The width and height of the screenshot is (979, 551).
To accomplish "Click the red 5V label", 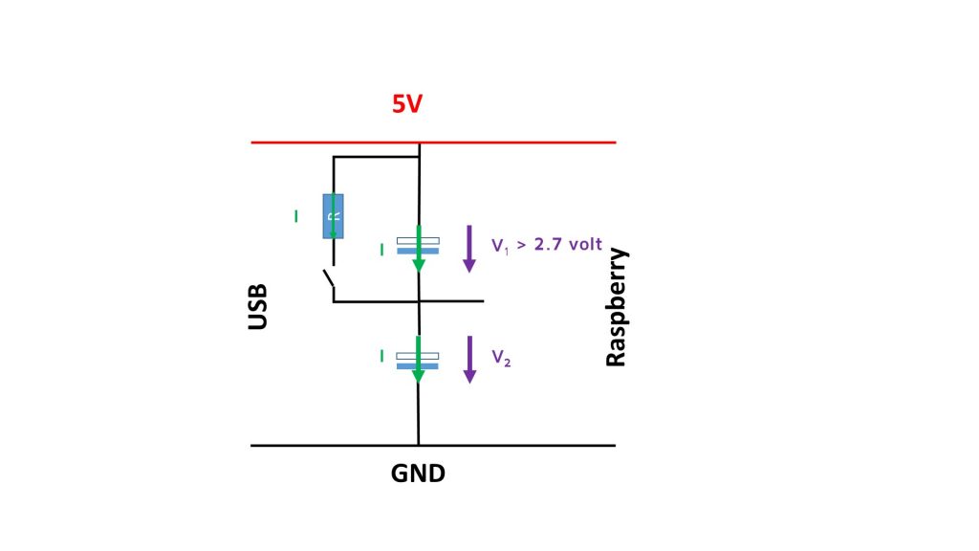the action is pos(407,103).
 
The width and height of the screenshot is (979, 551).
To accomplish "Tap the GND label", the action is pos(418,474).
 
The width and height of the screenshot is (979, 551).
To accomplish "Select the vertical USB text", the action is pos(258,307).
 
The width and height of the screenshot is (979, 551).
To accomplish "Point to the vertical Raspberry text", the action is pos(617,307).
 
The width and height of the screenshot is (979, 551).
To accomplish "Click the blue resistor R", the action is pos(333,216).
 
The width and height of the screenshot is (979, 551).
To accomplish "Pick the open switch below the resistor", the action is pos(329,278).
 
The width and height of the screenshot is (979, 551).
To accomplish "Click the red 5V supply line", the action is pos(433,143).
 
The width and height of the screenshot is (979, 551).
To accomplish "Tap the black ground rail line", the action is pos(433,446).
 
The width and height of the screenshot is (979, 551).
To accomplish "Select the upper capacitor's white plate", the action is pos(418,240).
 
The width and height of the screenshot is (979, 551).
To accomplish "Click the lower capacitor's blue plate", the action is pos(417,366).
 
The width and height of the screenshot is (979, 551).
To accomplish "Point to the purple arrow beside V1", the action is pos(468,249).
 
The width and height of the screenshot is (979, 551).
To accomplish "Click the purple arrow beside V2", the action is pos(469,360).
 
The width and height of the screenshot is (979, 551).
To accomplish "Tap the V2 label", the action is pos(501,358).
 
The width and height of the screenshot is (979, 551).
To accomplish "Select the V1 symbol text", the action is pos(500,246).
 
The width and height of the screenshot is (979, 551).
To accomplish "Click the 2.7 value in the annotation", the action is pos(548,244).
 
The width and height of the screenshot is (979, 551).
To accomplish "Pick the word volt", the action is pos(585,244).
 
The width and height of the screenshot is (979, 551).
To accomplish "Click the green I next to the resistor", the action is pos(296,216).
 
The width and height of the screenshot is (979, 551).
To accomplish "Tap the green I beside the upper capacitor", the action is pos(382,250).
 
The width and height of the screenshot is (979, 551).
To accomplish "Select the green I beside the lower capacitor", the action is pos(382,356).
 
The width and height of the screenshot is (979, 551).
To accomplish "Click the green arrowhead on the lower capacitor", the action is pos(419,376).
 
